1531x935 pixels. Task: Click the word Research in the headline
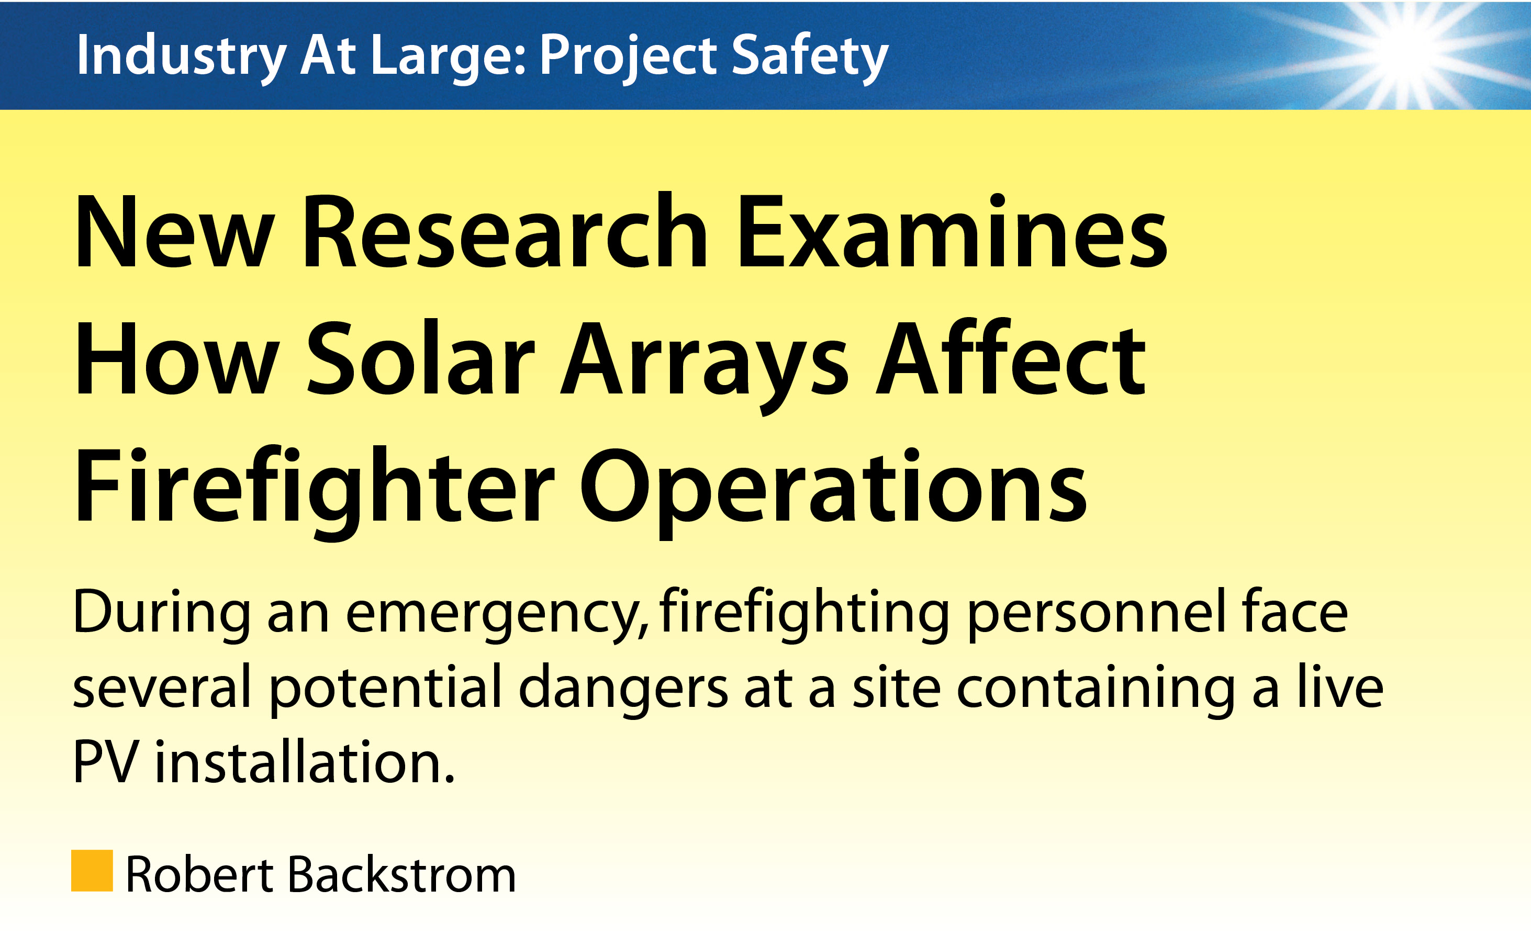click(504, 231)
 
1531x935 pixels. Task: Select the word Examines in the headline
click(952, 231)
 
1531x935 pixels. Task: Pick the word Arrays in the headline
click(704, 367)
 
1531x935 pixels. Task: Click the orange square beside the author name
click(92, 871)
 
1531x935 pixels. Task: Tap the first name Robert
click(199, 874)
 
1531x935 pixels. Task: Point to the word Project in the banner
click(628, 58)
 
